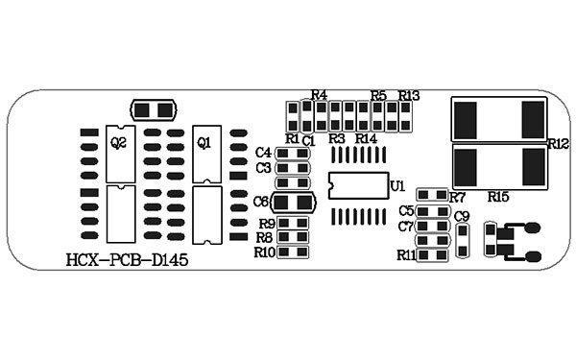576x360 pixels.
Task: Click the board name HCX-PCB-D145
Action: (x=128, y=260)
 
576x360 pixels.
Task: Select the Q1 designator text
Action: (x=204, y=143)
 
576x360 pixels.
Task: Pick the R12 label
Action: (x=559, y=144)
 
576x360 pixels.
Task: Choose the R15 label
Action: (x=498, y=197)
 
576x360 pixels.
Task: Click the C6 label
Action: (x=262, y=202)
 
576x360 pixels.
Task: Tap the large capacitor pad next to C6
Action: (x=294, y=203)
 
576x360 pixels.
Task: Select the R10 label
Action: (x=265, y=252)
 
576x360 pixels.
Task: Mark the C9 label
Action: (x=462, y=216)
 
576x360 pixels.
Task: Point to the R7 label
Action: (x=457, y=197)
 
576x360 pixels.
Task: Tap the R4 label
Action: (x=320, y=95)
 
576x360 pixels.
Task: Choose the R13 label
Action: (x=410, y=95)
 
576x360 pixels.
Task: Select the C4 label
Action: (x=264, y=153)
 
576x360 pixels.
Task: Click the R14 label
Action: (x=366, y=139)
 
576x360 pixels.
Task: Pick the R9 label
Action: (x=267, y=224)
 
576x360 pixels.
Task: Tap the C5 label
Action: (x=406, y=211)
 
